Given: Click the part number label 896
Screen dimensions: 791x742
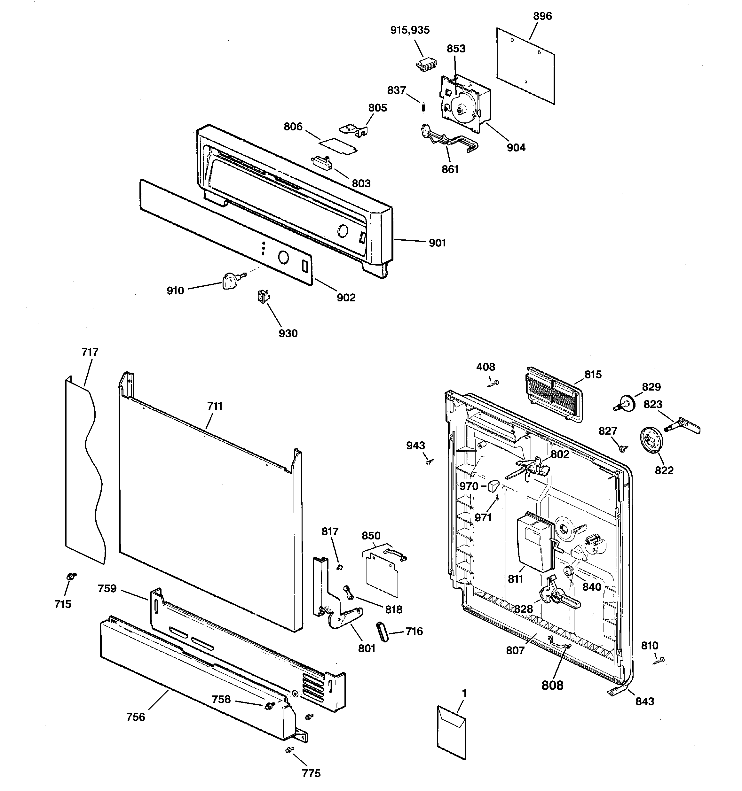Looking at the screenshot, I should coord(542,16).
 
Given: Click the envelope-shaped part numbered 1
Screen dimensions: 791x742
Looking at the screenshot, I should coord(451,732).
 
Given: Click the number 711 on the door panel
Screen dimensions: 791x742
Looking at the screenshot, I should coord(215,406).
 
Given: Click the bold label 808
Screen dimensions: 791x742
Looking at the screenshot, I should coord(552,685).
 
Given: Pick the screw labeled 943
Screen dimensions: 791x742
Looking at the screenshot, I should coord(429,462).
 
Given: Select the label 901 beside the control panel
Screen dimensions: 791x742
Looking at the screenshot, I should coord(437,243).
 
